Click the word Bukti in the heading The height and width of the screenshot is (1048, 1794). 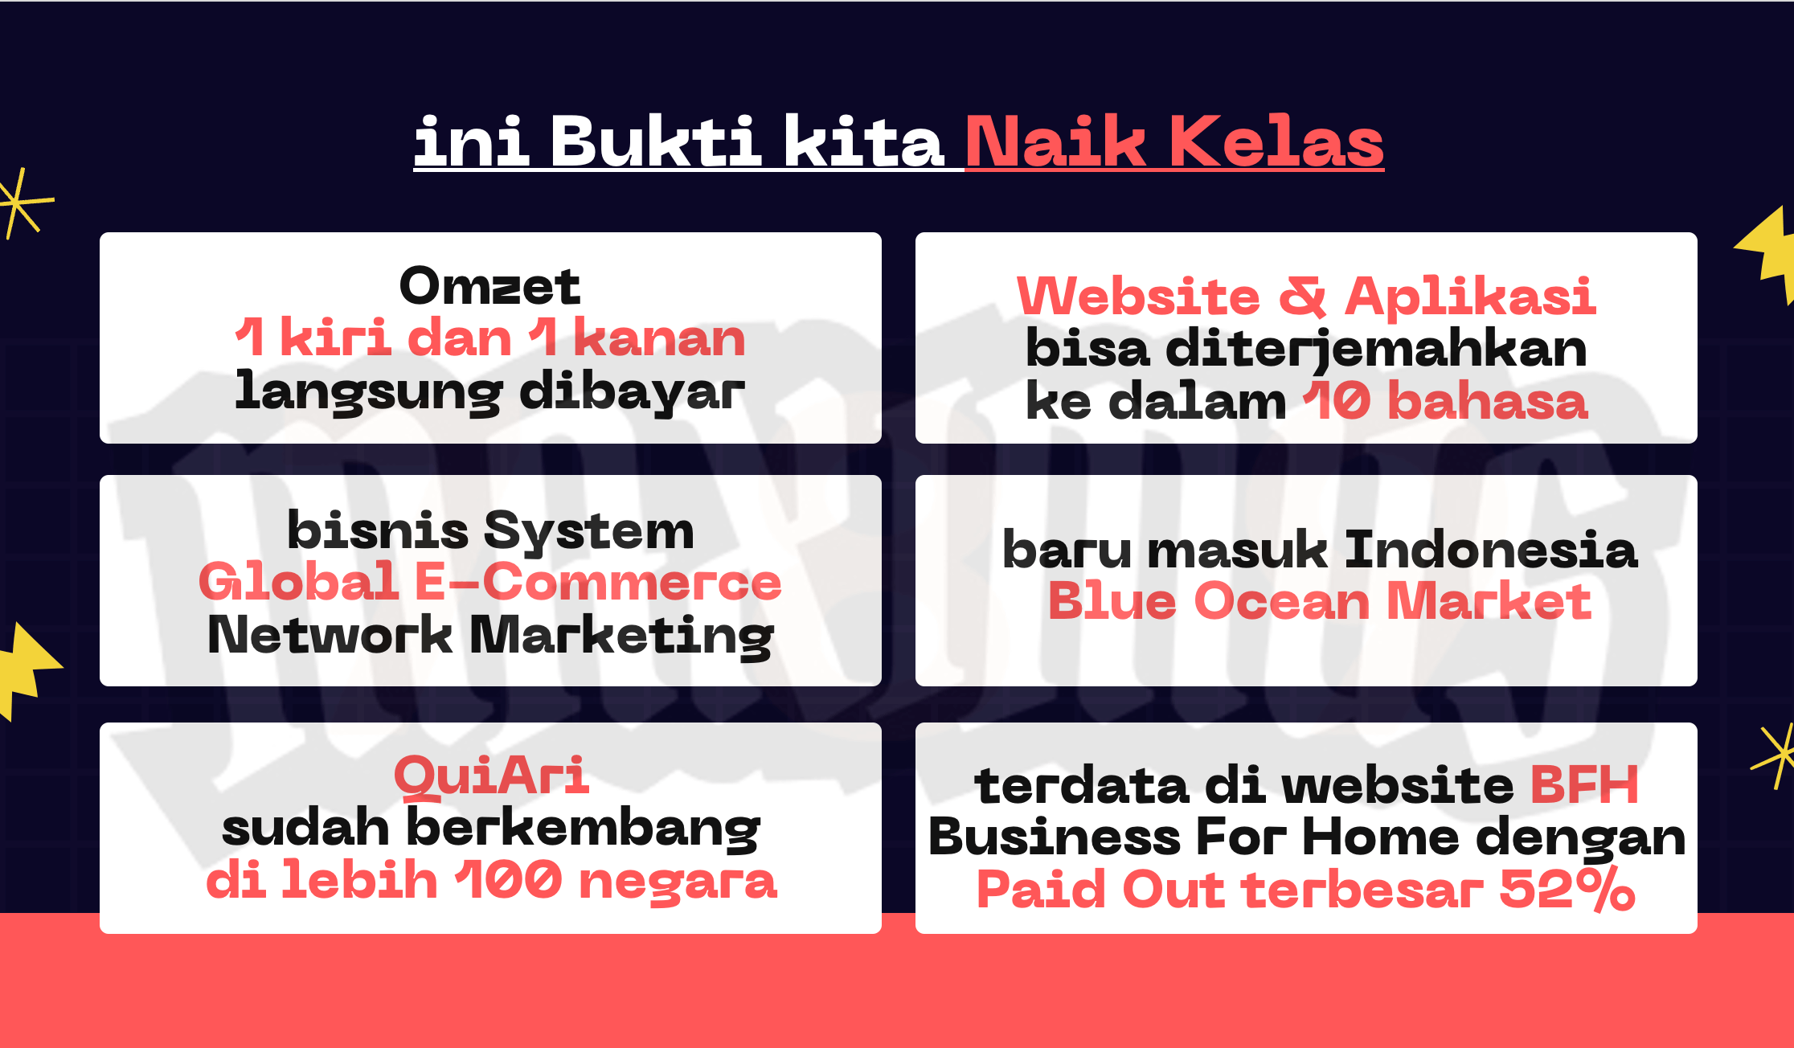(x=656, y=141)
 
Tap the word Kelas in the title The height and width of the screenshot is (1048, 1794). (x=1276, y=141)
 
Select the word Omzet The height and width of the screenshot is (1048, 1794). (x=489, y=286)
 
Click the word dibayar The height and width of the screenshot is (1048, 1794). (x=632, y=393)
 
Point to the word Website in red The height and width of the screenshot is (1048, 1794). (x=1138, y=296)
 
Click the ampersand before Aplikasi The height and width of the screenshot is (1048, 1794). (x=1302, y=296)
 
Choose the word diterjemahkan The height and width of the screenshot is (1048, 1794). (x=1376, y=350)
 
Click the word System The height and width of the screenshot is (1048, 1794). (x=589, y=532)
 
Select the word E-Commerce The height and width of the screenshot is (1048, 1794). (x=597, y=582)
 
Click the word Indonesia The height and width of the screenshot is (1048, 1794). (x=1490, y=550)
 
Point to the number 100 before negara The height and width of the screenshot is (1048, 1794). (x=509, y=880)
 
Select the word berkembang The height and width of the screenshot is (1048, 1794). (x=584, y=829)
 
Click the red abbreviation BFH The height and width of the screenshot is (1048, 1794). (x=1583, y=785)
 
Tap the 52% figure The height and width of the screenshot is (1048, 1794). (x=1567, y=890)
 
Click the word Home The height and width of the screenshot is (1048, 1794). (x=1380, y=837)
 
